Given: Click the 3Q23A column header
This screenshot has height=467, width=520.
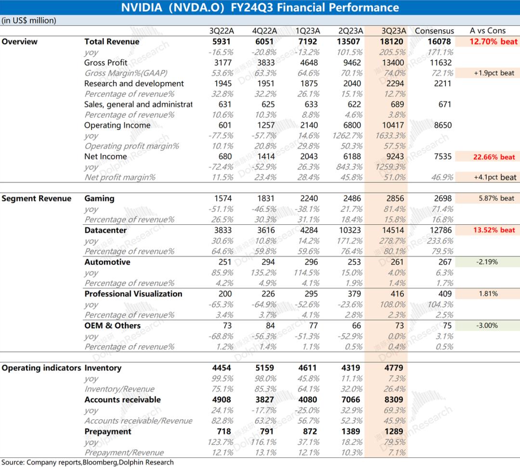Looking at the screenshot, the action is (x=394, y=31).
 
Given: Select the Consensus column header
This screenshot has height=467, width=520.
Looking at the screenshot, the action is (x=434, y=31).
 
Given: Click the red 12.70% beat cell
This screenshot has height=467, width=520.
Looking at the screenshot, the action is (x=494, y=41).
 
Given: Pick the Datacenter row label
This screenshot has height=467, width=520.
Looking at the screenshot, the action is (x=105, y=230).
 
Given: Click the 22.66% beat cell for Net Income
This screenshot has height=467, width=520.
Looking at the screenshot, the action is (x=494, y=157).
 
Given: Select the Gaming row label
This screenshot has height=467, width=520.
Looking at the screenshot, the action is (x=99, y=198).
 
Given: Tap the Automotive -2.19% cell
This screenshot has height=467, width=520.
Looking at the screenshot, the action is (x=487, y=262).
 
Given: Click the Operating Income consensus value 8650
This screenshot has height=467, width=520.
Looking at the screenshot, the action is (x=443, y=125).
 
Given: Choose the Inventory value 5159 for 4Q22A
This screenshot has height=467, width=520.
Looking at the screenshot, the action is (x=265, y=368).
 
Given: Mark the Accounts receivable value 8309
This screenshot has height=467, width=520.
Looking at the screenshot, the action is (x=394, y=400).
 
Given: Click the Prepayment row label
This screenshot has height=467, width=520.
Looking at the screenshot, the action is (x=108, y=431).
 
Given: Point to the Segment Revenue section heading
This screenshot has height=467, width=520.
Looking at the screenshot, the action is (x=37, y=198).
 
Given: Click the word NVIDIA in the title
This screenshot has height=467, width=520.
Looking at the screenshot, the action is (x=142, y=7).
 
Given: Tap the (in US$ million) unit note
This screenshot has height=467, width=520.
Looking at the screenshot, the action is (x=29, y=21).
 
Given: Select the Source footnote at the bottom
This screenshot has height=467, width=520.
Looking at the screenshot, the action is (x=88, y=462).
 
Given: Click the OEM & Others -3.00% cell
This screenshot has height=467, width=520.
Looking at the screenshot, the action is (x=487, y=326).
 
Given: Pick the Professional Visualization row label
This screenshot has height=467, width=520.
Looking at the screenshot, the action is (x=133, y=294).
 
